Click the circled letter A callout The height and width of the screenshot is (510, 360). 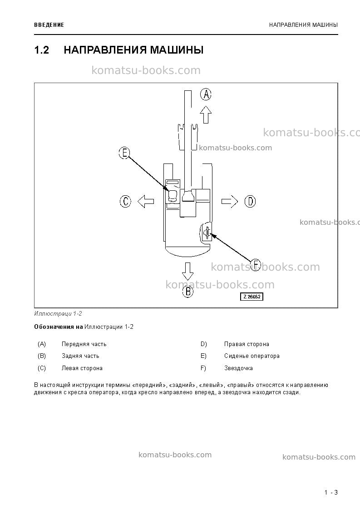tap(206, 94)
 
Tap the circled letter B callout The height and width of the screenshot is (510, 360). tap(187, 291)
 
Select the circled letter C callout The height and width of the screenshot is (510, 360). tap(125, 201)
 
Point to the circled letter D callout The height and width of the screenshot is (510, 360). tap(250, 201)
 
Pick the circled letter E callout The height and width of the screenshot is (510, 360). tap(124, 153)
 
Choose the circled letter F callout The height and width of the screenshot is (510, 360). tap(256, 265)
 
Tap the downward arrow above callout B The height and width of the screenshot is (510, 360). tap(187, 271)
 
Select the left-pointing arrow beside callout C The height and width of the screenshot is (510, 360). tap(145, 201)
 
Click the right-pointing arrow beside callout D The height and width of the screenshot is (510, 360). tap(230, 201)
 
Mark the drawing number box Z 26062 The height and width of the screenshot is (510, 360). tap(252, 297)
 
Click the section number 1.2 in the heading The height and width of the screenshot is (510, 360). tap(42, 50)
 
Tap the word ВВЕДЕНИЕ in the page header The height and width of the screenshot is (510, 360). tap(49, 25)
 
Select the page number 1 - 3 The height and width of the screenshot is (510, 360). tap(331, 492)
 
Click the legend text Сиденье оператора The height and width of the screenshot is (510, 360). tap(252, 356)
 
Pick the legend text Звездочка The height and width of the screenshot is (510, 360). tap(238, 368)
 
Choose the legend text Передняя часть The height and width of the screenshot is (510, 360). tap(84, 344)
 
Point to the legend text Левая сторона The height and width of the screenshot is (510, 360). tap(82, 368)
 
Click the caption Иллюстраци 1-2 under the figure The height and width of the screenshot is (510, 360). tap(58, 313)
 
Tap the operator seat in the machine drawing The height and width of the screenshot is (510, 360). tap(173, 195)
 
